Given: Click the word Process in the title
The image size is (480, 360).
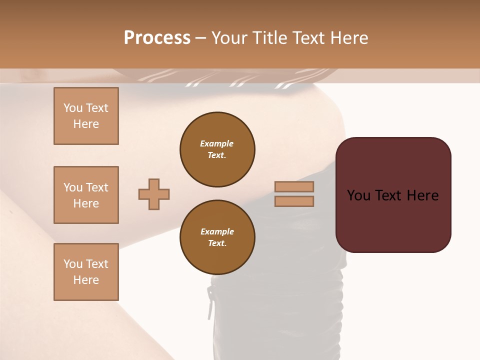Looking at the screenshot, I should coord(157,37).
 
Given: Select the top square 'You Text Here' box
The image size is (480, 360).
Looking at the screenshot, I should coord(86,116).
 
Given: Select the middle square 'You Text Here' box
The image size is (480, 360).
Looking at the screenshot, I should coord(86,195).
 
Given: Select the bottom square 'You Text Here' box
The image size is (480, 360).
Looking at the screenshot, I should coord(86,272).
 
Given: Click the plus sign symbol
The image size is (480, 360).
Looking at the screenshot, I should coord(154,194).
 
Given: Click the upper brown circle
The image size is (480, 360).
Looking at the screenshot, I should coord(217,149).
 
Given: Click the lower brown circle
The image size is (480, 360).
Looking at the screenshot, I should coord(217,237).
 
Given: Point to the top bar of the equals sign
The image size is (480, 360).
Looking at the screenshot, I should coord(294,187).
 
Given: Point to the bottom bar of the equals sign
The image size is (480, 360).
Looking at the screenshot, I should coord(294,201).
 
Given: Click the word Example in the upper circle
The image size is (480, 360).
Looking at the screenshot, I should coord(216,143).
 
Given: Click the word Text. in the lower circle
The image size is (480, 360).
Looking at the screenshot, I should coord(217,243).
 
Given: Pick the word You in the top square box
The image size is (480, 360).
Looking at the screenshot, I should coord(72,108).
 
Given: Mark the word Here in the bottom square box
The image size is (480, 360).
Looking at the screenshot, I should coord(86,280).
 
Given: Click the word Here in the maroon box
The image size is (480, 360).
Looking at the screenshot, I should coord(423,195).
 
